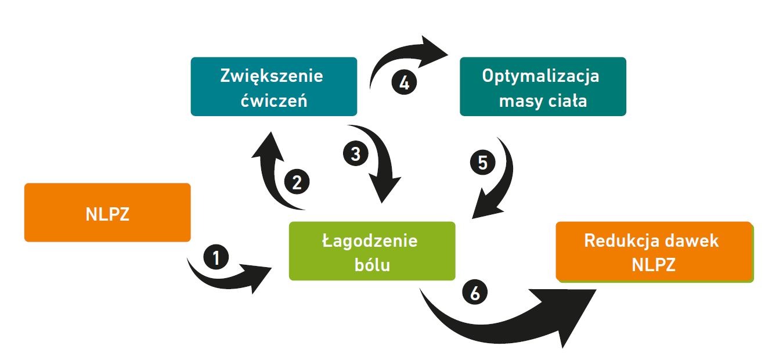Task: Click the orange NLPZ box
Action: [x=107, y=213]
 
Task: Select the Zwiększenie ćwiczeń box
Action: [x=273, y=87]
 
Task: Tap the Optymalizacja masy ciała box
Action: [x=543, y=87]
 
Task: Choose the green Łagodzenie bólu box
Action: [x=371, y=251]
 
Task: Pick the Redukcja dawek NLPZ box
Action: [x=654, y=251]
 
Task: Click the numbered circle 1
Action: [x=216, y=257]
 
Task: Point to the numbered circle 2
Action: [x=297, y=183]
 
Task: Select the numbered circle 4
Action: [x=405, y=82]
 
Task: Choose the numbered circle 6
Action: [x=475, y=293]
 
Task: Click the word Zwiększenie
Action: [x=272, y=76]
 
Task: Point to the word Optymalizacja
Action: [x=541, y=76]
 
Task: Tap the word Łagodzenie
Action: [x=370, y=240]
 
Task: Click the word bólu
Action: [x=371, y=265]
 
